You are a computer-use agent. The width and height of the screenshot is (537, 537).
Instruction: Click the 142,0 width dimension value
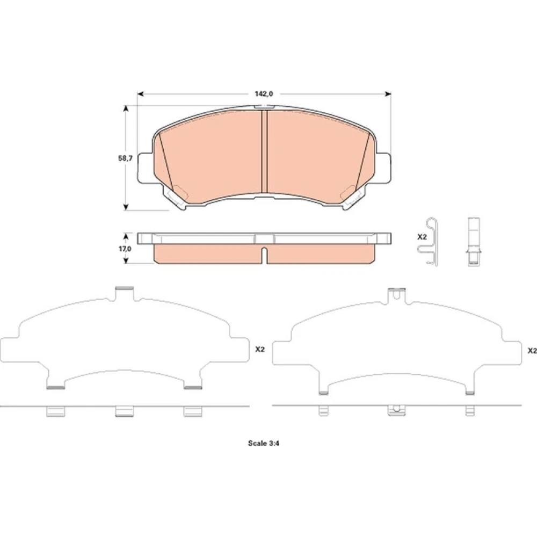pyautogui.click(x=263, y=94)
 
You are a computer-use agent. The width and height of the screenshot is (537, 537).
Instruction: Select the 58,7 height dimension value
pyautogui.click(x=125, y=158)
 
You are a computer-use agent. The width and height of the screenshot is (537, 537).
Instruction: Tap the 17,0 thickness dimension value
pyautogui.click(x=125, y=249)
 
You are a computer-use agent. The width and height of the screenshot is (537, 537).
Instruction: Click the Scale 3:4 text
pyautogui.click(x=264, y=443)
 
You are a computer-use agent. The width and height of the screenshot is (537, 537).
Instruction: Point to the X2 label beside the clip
pyautogui.click(x=422, y=237)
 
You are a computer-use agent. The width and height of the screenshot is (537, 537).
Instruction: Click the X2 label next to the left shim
pyautogui.click(x=260, y=350)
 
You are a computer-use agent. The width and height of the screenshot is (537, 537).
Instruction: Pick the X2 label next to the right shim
pyautogui.click(x=532, y=351)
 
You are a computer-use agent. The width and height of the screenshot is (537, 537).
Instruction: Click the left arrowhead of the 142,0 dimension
pyautogui.click(x=140, y=94)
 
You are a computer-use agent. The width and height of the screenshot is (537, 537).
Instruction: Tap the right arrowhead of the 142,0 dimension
pyautogui.click(x=388, y=94)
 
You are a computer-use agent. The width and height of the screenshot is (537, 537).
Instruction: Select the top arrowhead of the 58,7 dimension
pyautogui.click(x=126, y=108)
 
